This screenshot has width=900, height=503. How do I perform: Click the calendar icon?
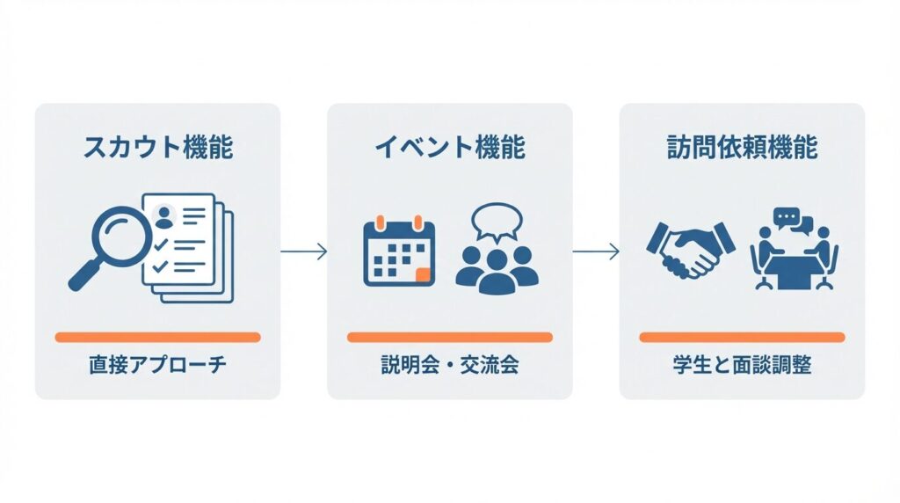point(399,251)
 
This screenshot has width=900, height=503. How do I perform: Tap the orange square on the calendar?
point(424,274)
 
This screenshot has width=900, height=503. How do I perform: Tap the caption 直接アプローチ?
point(158,364)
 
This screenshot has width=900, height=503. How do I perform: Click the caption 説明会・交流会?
point(450,364)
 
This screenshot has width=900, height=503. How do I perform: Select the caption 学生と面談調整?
point(742,364)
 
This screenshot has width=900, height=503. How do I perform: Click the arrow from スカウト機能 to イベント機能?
point(304,251)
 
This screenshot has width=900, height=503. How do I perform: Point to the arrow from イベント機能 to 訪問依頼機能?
point(596,251)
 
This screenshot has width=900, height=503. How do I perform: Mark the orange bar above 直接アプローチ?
point(158,337)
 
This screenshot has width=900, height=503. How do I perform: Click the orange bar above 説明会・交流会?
point(450,337)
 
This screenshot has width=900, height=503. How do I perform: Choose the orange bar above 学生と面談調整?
point(742,337)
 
